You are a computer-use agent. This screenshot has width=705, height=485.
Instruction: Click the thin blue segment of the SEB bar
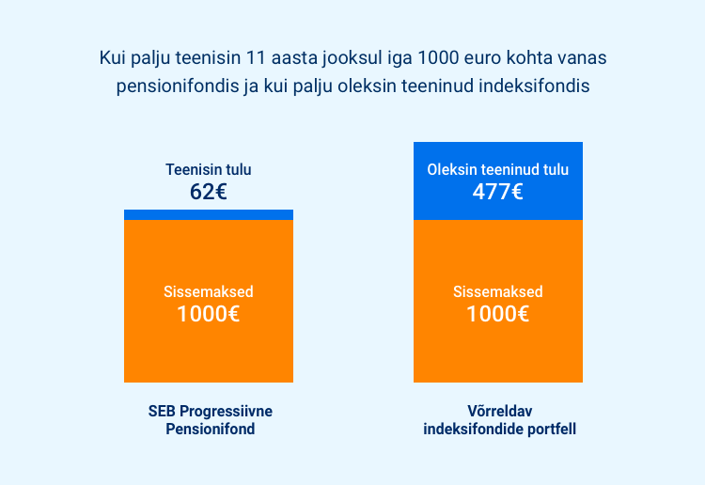[x=209, y=215]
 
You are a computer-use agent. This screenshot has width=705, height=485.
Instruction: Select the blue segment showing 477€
[x=498, y=181]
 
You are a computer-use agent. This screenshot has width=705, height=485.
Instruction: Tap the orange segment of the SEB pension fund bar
[x=209, y=301]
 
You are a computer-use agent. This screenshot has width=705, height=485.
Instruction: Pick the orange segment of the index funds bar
[x=498, y=301]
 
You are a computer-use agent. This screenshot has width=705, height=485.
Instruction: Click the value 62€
[x=208, y=192]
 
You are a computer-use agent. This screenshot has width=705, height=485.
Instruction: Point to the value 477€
[x=497, y=192]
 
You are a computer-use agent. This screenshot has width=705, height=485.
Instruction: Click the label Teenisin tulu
[x=209, y=169]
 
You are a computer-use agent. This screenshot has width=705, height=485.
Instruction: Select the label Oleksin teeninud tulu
[x=497, y=169]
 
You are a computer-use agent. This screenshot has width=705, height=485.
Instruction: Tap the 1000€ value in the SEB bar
[x=208, y=314]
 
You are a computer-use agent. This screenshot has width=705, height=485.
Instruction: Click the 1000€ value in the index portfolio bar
[x=497, y=314]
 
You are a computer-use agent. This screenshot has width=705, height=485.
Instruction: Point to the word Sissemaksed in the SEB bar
[x=209, y=291]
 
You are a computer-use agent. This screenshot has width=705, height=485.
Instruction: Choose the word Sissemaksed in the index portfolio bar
[x=498, y=291]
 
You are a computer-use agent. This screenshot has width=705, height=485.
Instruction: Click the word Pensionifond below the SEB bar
[x=211, y=429]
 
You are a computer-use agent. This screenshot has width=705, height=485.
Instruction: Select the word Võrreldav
[x=500, y=411]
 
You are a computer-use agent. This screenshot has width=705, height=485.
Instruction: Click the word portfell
[x=552, y=429]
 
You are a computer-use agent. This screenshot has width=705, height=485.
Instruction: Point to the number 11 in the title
[x=255, y=57]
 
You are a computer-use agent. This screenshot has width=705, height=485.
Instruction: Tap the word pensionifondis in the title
[x=178, y=86]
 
